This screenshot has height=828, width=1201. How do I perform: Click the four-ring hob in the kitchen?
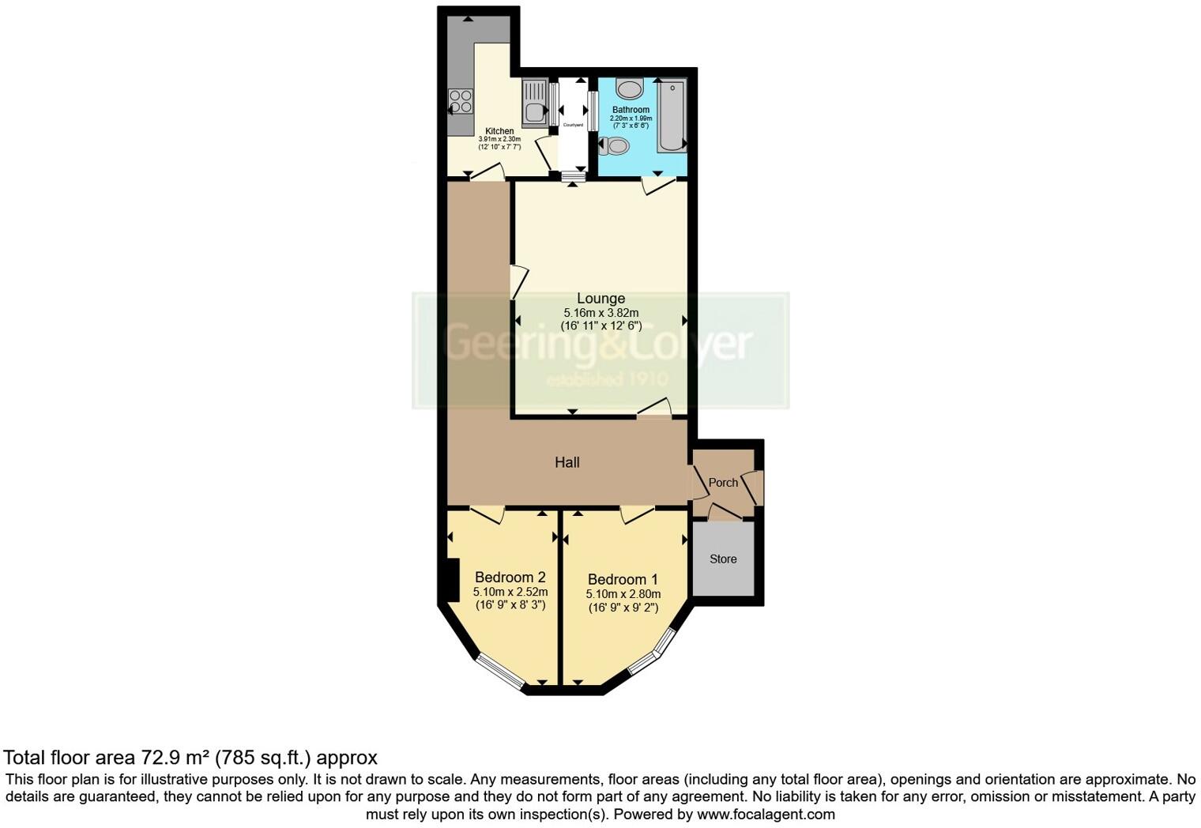click(x=460, y=102)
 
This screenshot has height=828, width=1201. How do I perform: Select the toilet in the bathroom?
click(x=615, y=145)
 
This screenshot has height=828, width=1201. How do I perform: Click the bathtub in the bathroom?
click(x=672, y=115)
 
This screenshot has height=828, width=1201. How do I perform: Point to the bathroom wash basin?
click(x=630, y=88)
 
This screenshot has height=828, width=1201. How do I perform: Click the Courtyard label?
click(x=573, y=125)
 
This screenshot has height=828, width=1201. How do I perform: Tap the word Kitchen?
click(x=499, y=131)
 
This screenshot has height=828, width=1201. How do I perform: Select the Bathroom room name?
click(x=631, y=110)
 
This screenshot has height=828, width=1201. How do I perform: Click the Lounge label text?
click(x=600, y=299)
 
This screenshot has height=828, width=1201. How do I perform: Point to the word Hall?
click(x=567, y=463)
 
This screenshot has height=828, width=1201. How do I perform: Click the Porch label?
click(x=723, y=483)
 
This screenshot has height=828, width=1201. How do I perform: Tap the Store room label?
click(x=723, y=559)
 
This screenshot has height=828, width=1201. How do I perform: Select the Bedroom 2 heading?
click(x=510, y=578)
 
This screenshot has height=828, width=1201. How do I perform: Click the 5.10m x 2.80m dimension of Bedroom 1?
click(x=623, y=594)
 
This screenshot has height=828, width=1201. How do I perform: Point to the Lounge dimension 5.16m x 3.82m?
click(x=600, y=313)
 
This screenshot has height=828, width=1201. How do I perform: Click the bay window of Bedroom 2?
click(x=501, y=672)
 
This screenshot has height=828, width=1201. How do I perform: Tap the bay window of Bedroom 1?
click(x=653, y=653)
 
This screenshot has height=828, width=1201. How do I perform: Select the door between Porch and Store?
click(x=725, y=514)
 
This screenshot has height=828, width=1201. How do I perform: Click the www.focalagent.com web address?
click(x=766, y=815)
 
